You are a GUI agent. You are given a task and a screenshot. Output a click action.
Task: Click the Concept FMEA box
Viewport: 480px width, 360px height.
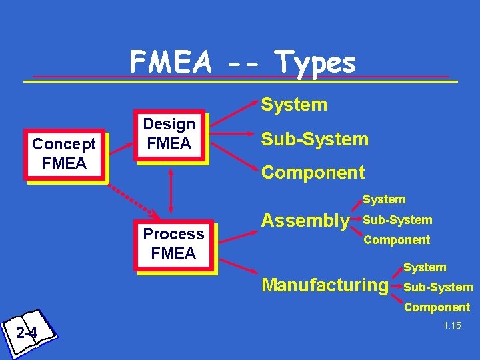(65, 154)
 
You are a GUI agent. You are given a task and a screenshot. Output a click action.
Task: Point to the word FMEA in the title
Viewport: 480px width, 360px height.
(170, 63)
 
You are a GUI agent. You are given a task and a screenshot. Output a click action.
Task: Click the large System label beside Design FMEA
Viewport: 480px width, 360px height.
(294, 105)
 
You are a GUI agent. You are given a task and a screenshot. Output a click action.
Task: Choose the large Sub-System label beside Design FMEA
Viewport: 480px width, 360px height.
(315, 139)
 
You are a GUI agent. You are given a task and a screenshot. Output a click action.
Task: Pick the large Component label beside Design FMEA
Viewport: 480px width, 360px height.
(313, 173)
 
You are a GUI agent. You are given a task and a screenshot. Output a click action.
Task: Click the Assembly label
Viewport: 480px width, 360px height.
(305, 220)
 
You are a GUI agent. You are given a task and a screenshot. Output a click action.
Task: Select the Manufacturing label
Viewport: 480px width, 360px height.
(325, 285)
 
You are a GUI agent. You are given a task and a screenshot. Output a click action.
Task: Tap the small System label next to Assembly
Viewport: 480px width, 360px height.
(384, 199)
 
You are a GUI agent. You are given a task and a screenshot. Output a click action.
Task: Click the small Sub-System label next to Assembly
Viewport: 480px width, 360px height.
(397, 220)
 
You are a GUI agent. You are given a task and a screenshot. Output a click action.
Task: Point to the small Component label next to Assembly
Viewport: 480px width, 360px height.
(397, 240)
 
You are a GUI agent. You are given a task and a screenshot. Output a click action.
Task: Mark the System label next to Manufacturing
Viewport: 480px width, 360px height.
(425, 267)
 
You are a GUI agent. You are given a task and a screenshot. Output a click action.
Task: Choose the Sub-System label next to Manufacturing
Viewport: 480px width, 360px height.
(438, 287)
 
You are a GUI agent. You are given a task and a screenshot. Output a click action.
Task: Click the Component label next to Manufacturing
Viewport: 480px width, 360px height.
(437, 307)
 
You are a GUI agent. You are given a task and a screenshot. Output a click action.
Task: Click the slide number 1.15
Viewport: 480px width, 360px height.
(452, 325)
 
